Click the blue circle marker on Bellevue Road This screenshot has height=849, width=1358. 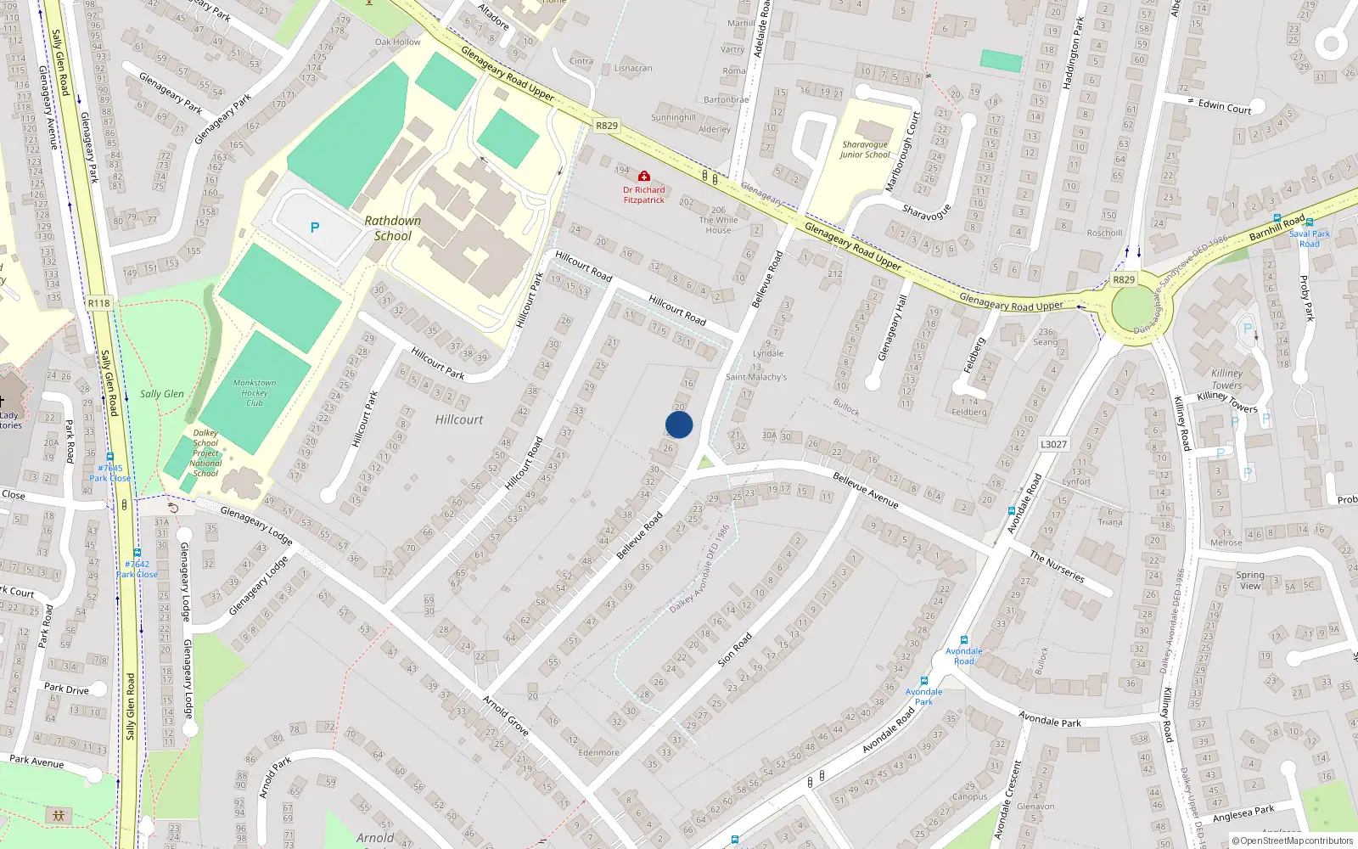[679, 424]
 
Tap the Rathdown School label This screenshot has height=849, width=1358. [392, 228]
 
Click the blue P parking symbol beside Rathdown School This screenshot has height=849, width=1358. [315, 228]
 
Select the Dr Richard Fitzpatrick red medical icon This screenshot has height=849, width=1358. [644, 177]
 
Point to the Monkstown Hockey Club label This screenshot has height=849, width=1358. [255, 393]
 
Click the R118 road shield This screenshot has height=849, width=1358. [98, 303]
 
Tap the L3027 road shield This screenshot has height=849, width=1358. [1053, 444]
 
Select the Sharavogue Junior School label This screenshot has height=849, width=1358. [865, 149]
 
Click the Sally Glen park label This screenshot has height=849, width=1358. [161, 394]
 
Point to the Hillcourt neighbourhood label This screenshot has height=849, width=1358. [459, 419]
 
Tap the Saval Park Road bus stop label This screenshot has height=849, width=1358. [1310, 239]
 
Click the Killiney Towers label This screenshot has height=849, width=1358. [1226, 379]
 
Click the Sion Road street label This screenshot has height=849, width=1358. [735, 649]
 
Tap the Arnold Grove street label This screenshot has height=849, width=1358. [506, 715]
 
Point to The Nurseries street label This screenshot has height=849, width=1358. [1057, 566]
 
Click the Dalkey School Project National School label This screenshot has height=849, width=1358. [205, 453]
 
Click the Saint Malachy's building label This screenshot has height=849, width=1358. [756, 377]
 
